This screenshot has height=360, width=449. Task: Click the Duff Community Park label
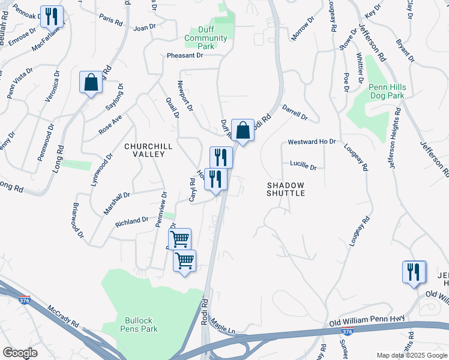pyautogui.click(x=206, y=38)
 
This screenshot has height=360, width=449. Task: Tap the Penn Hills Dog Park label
pyautogui.click(x=387, y=91)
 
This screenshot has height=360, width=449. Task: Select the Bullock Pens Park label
pyautogui.click(x=141, y=325)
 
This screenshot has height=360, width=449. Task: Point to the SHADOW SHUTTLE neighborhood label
pyautogui.click(x=286, y=190)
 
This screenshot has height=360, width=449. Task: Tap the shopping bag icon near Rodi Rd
pyautogui.click(x=243, y=130)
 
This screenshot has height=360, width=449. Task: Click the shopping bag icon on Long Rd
pyautogui.click(x=91, y=82)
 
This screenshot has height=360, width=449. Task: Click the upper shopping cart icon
pyautogui.click(x=180, y=239)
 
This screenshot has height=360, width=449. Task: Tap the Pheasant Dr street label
pyautogui.click(x=185, y=55)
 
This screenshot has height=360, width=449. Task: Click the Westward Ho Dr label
pyautogui.click(x=312, y=142)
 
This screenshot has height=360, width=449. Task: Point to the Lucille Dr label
pyautogui.click(x=303, y=164)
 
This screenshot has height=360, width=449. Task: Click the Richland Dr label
pyautogui.click(x=131, y=222)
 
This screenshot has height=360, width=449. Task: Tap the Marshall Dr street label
pyautogui.click(x=116, y=203)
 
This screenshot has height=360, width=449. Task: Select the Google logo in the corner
pyautogui.click(x=20, y=352)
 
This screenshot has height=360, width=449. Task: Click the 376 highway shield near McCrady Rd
pyautogui.click(x=24, y=299)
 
